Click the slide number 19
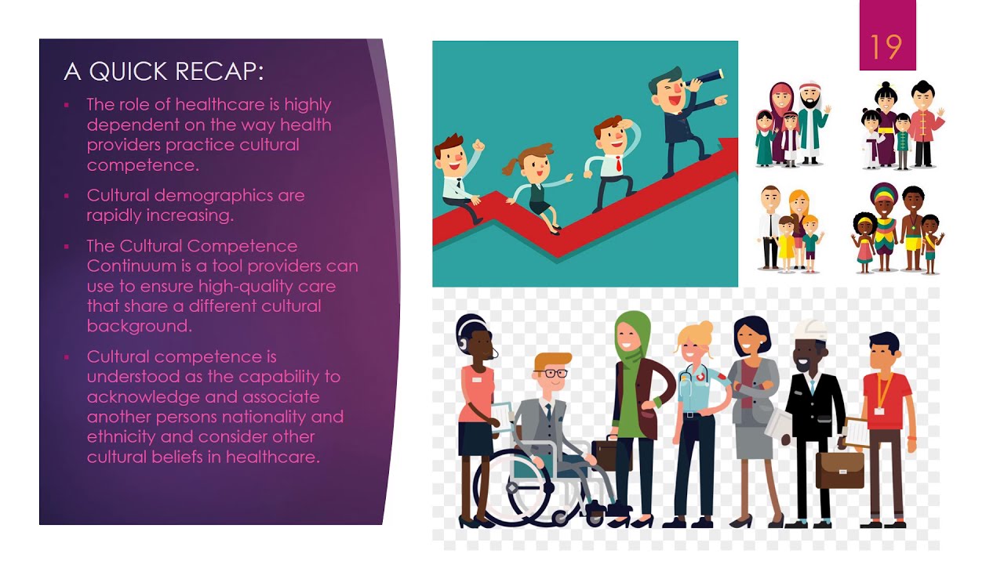point(887,48)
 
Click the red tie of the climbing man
point(617,164)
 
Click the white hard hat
point(809,330)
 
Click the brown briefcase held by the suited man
point(839,468)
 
